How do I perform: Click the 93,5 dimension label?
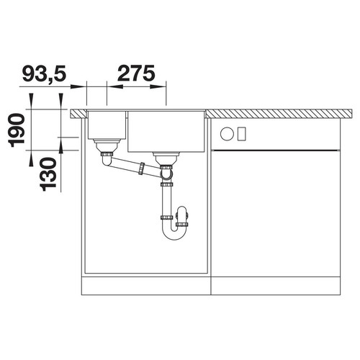[44, 73]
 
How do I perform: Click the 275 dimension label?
[136, 73]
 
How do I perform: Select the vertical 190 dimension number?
[17, 130]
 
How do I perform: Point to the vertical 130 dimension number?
[48, 174]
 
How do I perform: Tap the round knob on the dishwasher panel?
[227, 134]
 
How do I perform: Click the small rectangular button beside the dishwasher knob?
[242, 134]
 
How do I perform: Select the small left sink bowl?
[107, 125]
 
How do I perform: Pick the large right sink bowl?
[166, 131]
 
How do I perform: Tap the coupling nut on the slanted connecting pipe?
[142, 168]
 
